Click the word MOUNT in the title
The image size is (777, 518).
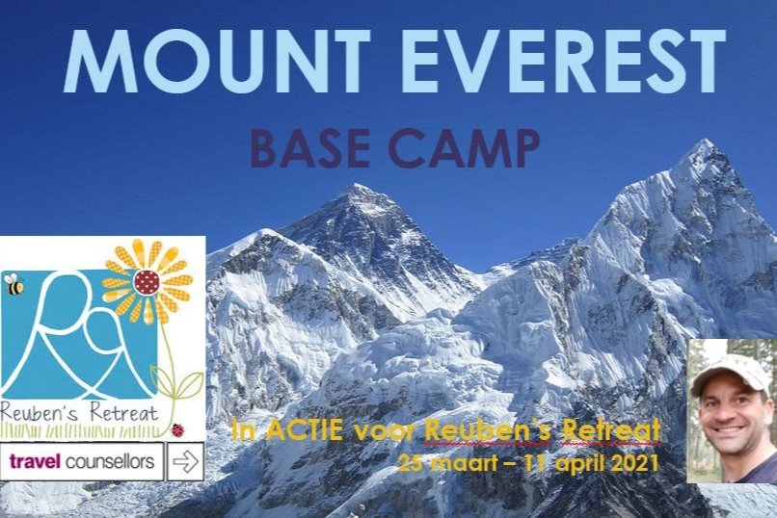[217, 61]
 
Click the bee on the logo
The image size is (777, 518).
[13, 284]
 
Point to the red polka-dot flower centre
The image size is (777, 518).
[147, 282]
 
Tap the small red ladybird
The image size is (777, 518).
[177, 430]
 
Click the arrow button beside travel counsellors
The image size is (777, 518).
[185, 461]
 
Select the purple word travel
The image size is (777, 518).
[35, 461]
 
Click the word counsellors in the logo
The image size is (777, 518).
[110, 461]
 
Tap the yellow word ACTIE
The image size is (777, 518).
[305, 430]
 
